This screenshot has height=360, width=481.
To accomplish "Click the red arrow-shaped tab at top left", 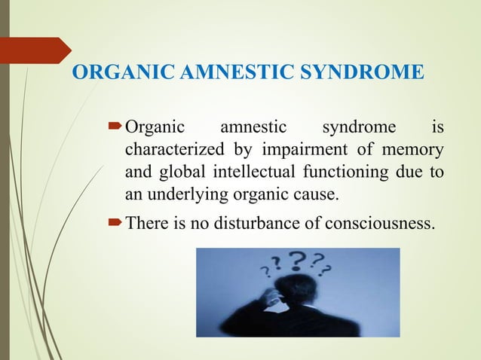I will click(x=34, y=50).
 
